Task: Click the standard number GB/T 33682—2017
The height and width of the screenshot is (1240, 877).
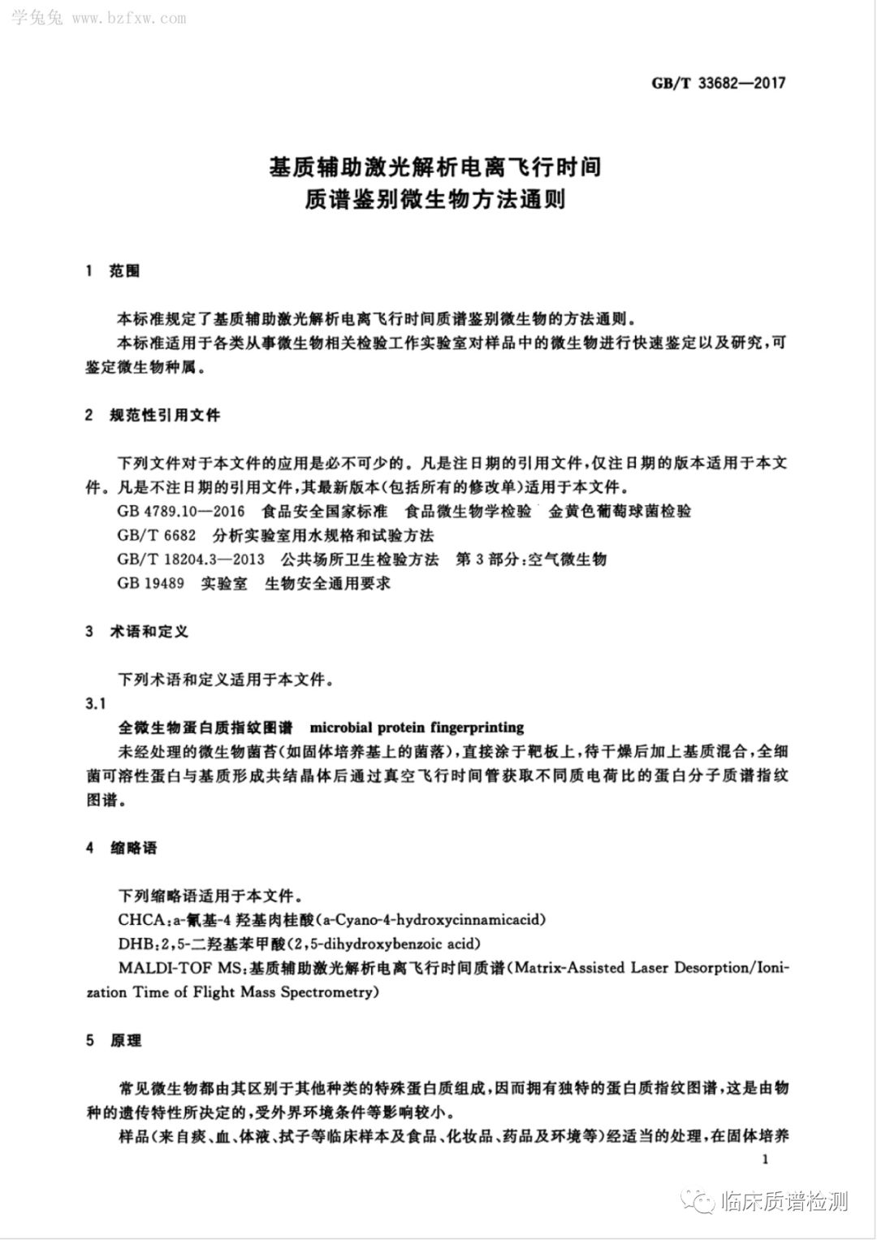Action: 719,83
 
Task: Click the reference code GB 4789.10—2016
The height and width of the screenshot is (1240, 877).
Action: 180,512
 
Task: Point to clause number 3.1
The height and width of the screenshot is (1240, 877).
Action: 96,702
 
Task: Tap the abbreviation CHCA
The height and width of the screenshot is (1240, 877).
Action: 139,920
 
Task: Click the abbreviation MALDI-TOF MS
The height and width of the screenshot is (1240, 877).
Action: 179,968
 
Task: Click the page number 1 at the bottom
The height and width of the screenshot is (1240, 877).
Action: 765,1160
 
